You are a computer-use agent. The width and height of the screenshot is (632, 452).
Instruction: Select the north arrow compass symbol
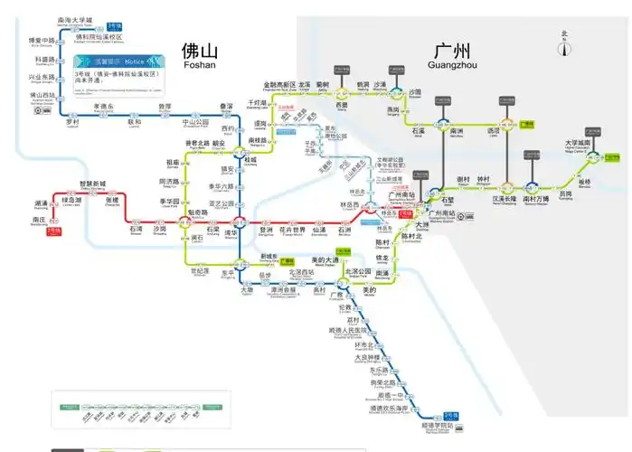(564, 44)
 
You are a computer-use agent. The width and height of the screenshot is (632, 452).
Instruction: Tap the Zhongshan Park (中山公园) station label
(196, 122)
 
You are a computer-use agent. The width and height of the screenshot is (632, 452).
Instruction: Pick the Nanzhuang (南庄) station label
(39, 219)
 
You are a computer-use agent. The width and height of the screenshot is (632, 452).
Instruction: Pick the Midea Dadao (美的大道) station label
(324, 260)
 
